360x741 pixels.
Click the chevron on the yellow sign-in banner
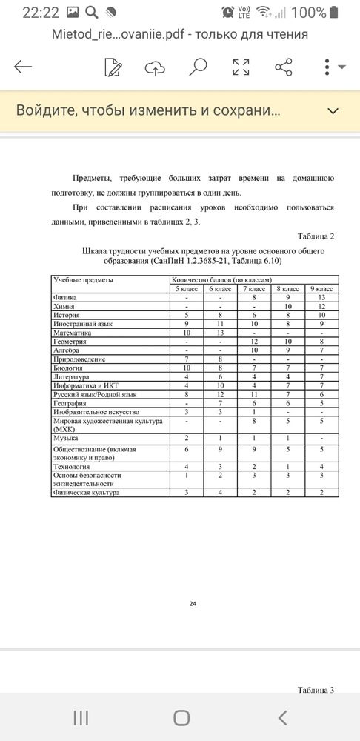pos(333,111)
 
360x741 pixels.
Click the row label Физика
pos(65,297)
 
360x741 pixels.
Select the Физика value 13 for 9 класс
pos(321,297)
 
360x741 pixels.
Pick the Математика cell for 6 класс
pos(221,333)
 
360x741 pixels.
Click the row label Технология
pos(72,465)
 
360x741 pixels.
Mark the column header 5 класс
pos(187,288)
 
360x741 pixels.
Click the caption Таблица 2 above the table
pos(316,236)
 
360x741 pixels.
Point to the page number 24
pos(193,605)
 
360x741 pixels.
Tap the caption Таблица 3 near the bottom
pos(316,690)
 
